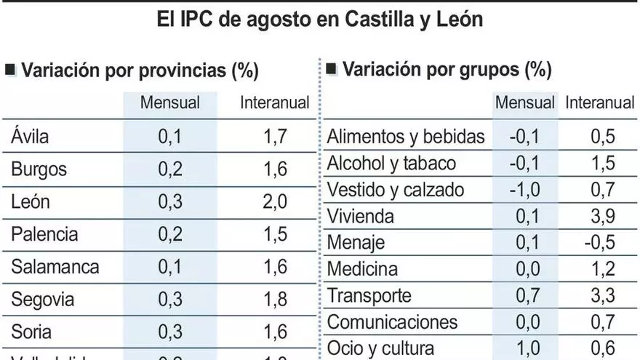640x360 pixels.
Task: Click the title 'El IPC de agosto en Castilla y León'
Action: click(x=320, y=18)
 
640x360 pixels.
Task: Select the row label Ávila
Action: click(x=31, y=136)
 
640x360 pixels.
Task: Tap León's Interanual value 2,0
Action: click(x=274, y=201)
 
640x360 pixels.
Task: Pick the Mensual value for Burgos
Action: click(x=170, y=169)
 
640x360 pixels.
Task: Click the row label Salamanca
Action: click(x=55, y=267)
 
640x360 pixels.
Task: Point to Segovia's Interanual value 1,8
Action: click(x=274, y=300)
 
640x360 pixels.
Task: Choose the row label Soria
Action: click(x=31, y=332)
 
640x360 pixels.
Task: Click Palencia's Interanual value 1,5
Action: click(x=274, y=234)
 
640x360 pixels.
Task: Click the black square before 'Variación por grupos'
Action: click(x=332, y=69)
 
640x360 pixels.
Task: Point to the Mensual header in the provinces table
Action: click(x=170, y=103)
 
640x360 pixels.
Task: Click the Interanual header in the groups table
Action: click(x=600, y=103)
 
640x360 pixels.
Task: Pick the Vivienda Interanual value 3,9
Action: click(x=603, y=216)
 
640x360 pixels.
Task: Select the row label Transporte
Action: click(x=369, y=295)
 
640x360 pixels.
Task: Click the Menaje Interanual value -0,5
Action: click(x=600, y=242)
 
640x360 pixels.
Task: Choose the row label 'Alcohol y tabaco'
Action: click(x=391, y=163)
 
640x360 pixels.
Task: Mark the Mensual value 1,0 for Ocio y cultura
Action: click(x=526, y=348)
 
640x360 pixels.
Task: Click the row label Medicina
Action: click(x=362, y=269)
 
